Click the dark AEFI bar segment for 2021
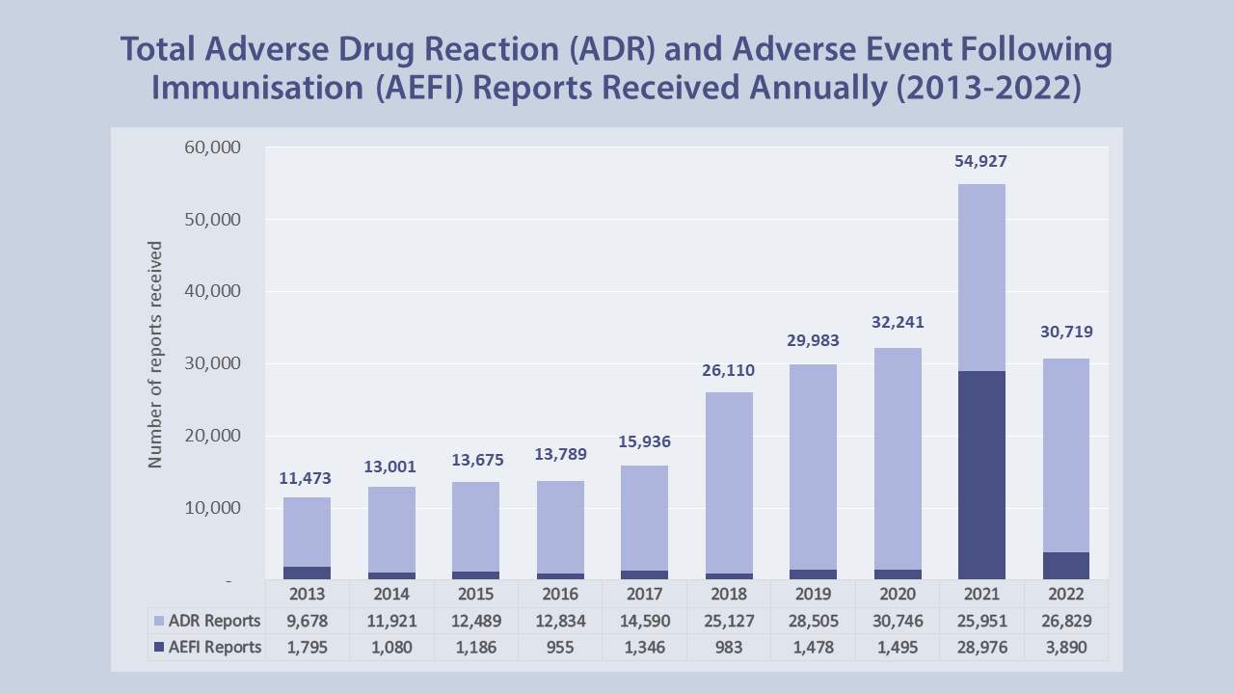(981, 475)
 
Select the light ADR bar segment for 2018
(728, 482)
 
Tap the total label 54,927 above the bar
(981, 161)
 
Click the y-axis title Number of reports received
(155, 355)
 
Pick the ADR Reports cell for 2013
(307, 621)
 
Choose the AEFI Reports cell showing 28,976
(981, 648)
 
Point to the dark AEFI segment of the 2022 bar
(1066, 566)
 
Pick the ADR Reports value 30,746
(898, 621)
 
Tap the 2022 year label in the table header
(1066, 594)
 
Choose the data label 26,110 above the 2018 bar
(728, 370)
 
